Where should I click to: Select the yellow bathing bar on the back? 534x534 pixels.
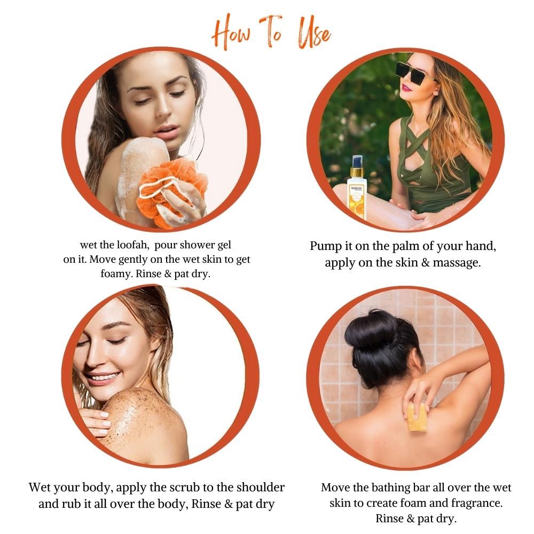417,417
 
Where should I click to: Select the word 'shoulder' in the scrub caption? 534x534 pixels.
261,488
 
